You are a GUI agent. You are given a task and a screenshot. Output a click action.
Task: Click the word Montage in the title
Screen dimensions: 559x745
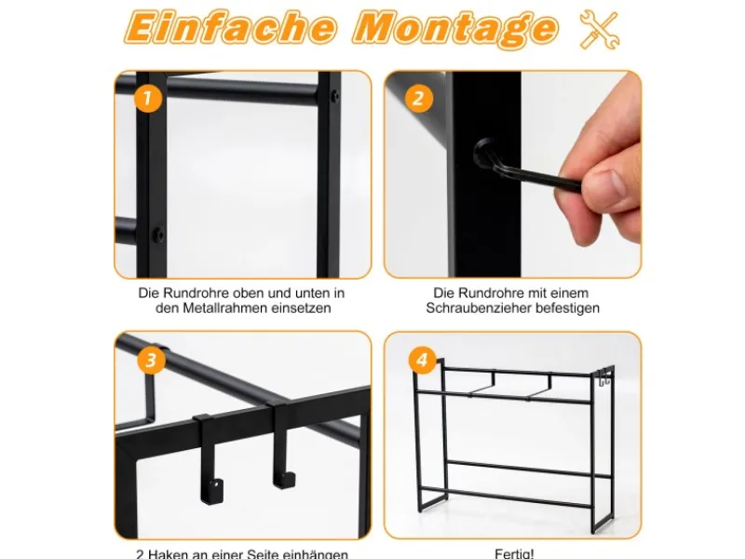point(454,29)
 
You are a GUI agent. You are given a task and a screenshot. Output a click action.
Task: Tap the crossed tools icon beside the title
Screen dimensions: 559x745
point(599,30)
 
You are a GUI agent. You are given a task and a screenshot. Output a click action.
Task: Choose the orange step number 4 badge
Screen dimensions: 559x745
point(422,359)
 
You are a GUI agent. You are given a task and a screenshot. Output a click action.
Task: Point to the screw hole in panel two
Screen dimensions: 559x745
point(485,150)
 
